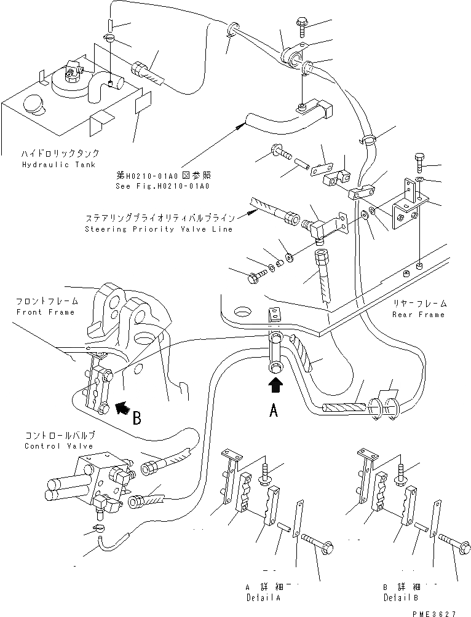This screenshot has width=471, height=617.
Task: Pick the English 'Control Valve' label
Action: [59, 446]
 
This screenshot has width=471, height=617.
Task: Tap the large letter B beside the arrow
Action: [138, 419]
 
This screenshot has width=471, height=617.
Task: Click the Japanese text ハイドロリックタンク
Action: [51, 154]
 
